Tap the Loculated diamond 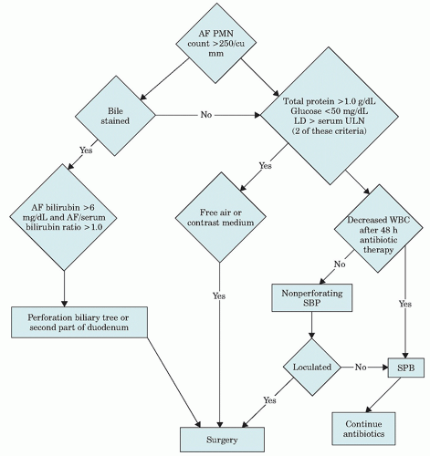click(x=311, y=367)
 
